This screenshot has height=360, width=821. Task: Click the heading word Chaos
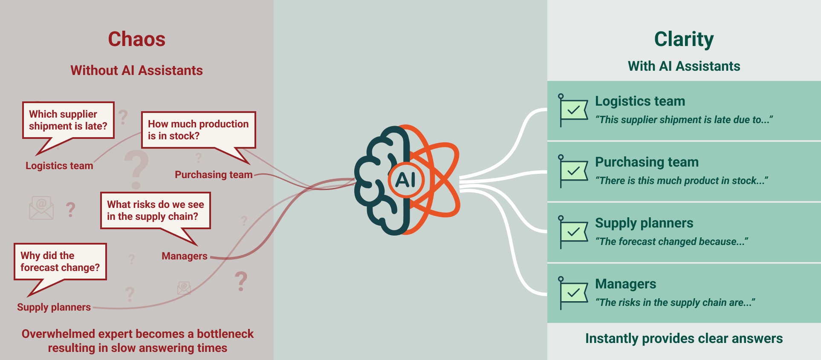coord(136,39)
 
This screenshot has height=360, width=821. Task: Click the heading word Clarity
coord(684,39)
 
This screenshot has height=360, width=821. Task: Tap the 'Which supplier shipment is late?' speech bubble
coord(68,120)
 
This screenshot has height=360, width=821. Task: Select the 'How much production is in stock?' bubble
coord(198,130)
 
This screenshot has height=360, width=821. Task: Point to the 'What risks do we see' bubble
coord(156,210)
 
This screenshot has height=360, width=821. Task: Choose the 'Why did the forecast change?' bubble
coord(60,262)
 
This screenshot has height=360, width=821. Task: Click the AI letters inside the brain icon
coord(405,180)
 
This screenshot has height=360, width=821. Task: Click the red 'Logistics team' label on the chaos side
coord(59,166)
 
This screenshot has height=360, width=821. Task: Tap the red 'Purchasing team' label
coord(214,175)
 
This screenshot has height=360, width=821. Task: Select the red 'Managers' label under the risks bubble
coord(185,256)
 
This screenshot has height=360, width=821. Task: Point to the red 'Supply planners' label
coord(54,307)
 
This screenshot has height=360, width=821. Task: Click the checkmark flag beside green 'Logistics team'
coord(574,110)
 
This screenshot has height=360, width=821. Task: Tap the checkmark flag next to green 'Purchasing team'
coord(574,171)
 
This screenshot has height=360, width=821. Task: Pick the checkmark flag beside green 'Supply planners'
coord(574,232)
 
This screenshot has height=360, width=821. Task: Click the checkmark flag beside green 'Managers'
coord(574,293)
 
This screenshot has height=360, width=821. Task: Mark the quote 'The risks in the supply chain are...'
coord(675,302)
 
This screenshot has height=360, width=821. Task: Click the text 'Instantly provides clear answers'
coord(684,338)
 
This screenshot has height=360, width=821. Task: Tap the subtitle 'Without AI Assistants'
coord(136,70)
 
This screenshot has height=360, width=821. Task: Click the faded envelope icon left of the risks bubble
coord(41,208)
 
